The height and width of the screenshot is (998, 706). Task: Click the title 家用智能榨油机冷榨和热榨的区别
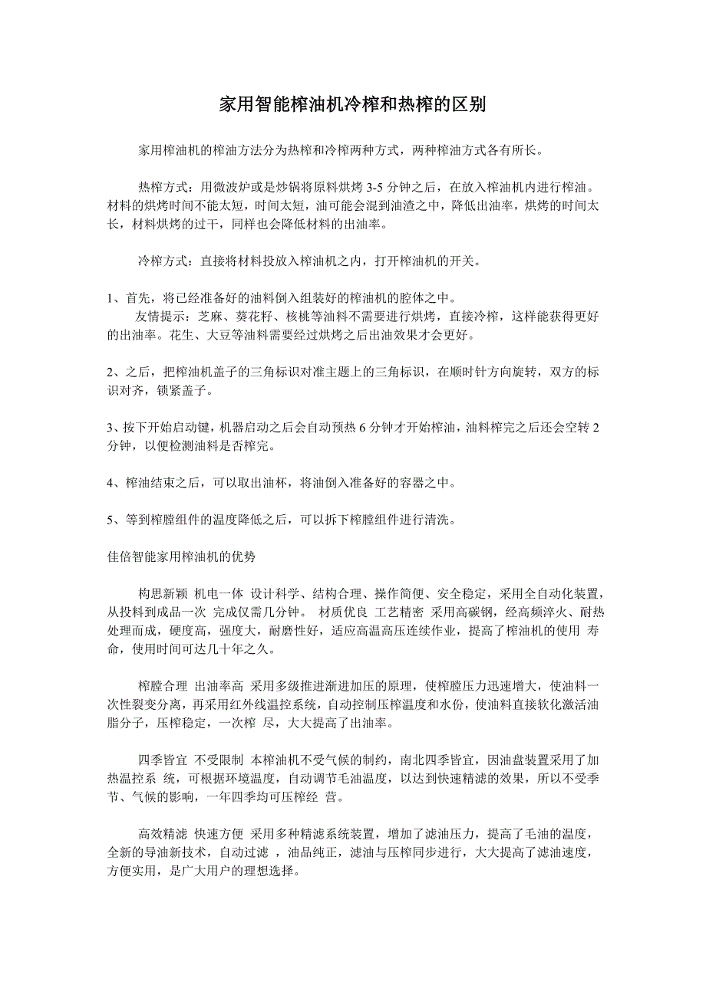(352, 105)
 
